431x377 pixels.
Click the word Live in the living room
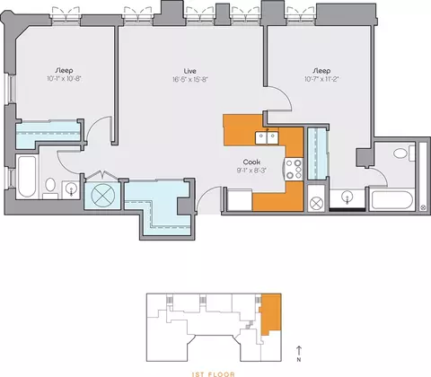(190, 71)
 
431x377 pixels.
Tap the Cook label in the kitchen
(251, 162)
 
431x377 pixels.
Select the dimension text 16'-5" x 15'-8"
(190, 79)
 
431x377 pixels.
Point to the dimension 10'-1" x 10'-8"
(65, 79)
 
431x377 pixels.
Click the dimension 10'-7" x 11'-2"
(321, 79)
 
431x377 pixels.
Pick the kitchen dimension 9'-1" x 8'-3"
(251, 171)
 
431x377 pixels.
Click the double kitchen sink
(267, 137)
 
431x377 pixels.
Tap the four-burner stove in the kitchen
(294, 169)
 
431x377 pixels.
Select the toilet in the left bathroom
(50, 188)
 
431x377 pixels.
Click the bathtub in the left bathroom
(27, 177)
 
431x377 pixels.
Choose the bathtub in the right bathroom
(392, 200)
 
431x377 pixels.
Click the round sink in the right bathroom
(347, 197)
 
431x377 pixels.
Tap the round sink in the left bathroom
(71, 188)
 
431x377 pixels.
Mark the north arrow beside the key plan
(299, 351)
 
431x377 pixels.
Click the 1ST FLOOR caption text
(214, 374)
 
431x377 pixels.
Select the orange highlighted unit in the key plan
(271, 314)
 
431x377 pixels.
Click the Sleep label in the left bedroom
(65, 71)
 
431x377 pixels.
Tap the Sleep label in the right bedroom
(321, 71)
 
